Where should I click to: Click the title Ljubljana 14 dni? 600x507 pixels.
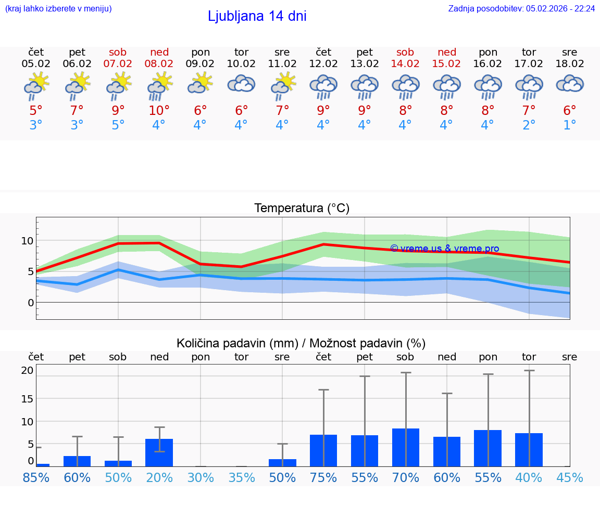pos(257,16)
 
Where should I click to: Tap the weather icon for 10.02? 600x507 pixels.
pos(241,85)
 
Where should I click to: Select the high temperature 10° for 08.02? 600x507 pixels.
pos(159,111)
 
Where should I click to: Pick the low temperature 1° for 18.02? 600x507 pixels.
pos(570,125)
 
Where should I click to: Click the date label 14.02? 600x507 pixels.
pos(405,64)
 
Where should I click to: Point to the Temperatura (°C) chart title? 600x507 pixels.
pos(302,209)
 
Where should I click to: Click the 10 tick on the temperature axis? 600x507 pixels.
pos(27,241)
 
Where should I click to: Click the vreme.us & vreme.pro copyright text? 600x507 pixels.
pos(444,249)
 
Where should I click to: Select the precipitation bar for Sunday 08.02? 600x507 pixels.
pos(159,453)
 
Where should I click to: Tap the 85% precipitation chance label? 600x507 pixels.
pos(36,478)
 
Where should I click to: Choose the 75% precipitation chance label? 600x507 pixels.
pos(323,478)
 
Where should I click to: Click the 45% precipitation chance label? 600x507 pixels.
pos(570,478)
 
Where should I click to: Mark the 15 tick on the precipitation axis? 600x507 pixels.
pos(27,398)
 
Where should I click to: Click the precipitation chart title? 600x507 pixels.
pos(301,343)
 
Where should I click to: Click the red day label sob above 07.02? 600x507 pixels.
pos(118,52)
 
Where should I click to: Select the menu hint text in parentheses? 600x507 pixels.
pos(58,8)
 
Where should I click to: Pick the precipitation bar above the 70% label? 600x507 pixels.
pos(405,447)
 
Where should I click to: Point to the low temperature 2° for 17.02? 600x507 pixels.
pos(529,125)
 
